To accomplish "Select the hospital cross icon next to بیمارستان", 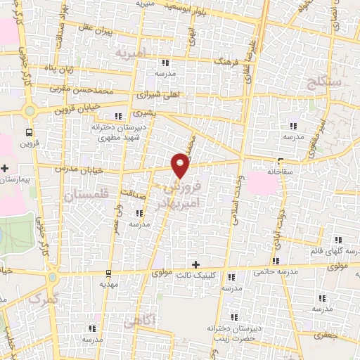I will (x=5, y=169).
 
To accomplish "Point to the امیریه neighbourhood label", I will (x=131, y=53).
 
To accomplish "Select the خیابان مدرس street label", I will (x=79, y=170).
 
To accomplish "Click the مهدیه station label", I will (x=108, y=285).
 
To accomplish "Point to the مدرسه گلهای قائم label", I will (x=330, y=251).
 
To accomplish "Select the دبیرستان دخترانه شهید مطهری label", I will (x=118, y=132).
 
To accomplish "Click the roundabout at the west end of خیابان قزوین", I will (x=29, y=110).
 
